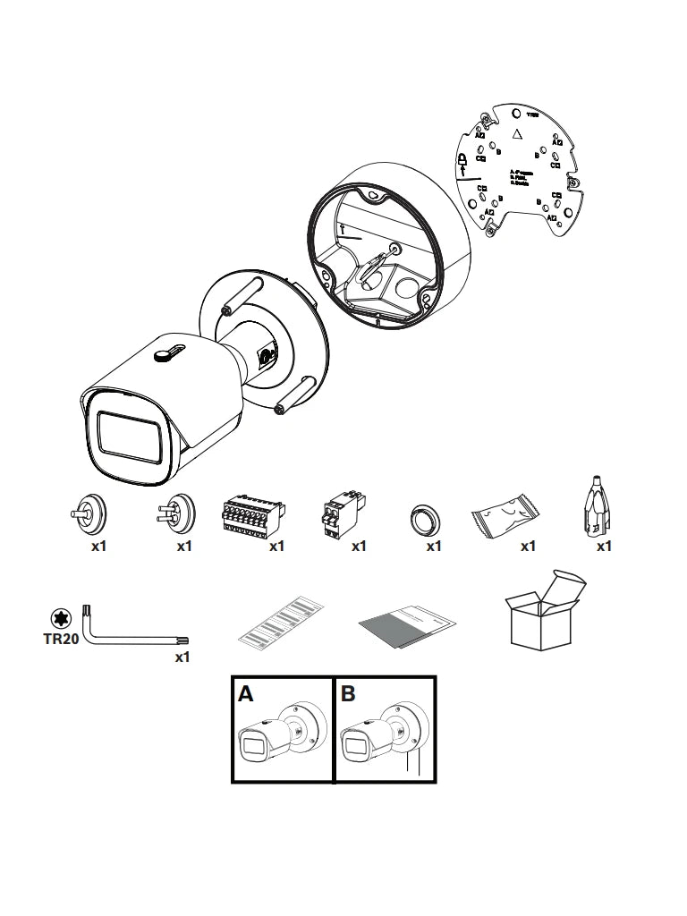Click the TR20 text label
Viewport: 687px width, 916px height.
point(60,641)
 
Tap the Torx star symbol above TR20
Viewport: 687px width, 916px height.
point(60,618)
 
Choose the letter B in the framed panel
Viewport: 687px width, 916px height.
point(349,694)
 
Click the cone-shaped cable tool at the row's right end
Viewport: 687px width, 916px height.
point(594,506)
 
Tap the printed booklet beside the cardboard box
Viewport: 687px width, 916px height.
point(407,624)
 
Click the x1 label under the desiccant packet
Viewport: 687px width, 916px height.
point(528,546)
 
